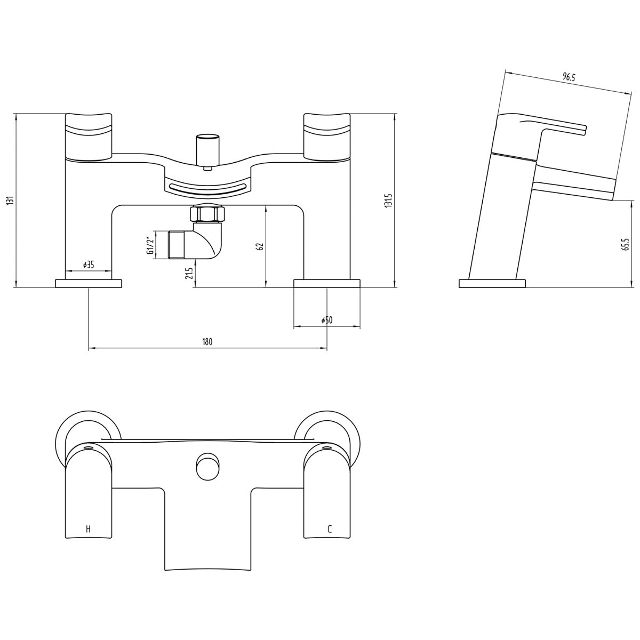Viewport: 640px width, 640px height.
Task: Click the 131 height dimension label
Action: pos(10,201)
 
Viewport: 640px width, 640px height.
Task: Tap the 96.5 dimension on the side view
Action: pos(569,78)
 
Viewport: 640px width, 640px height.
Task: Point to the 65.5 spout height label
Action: pos(626,244)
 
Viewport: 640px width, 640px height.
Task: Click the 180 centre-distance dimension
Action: pos(207,342)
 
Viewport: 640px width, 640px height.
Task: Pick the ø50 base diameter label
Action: pos(327,320)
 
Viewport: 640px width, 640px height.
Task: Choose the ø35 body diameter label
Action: pos(89,265)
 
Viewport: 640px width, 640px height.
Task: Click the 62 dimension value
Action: pos(260,246)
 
